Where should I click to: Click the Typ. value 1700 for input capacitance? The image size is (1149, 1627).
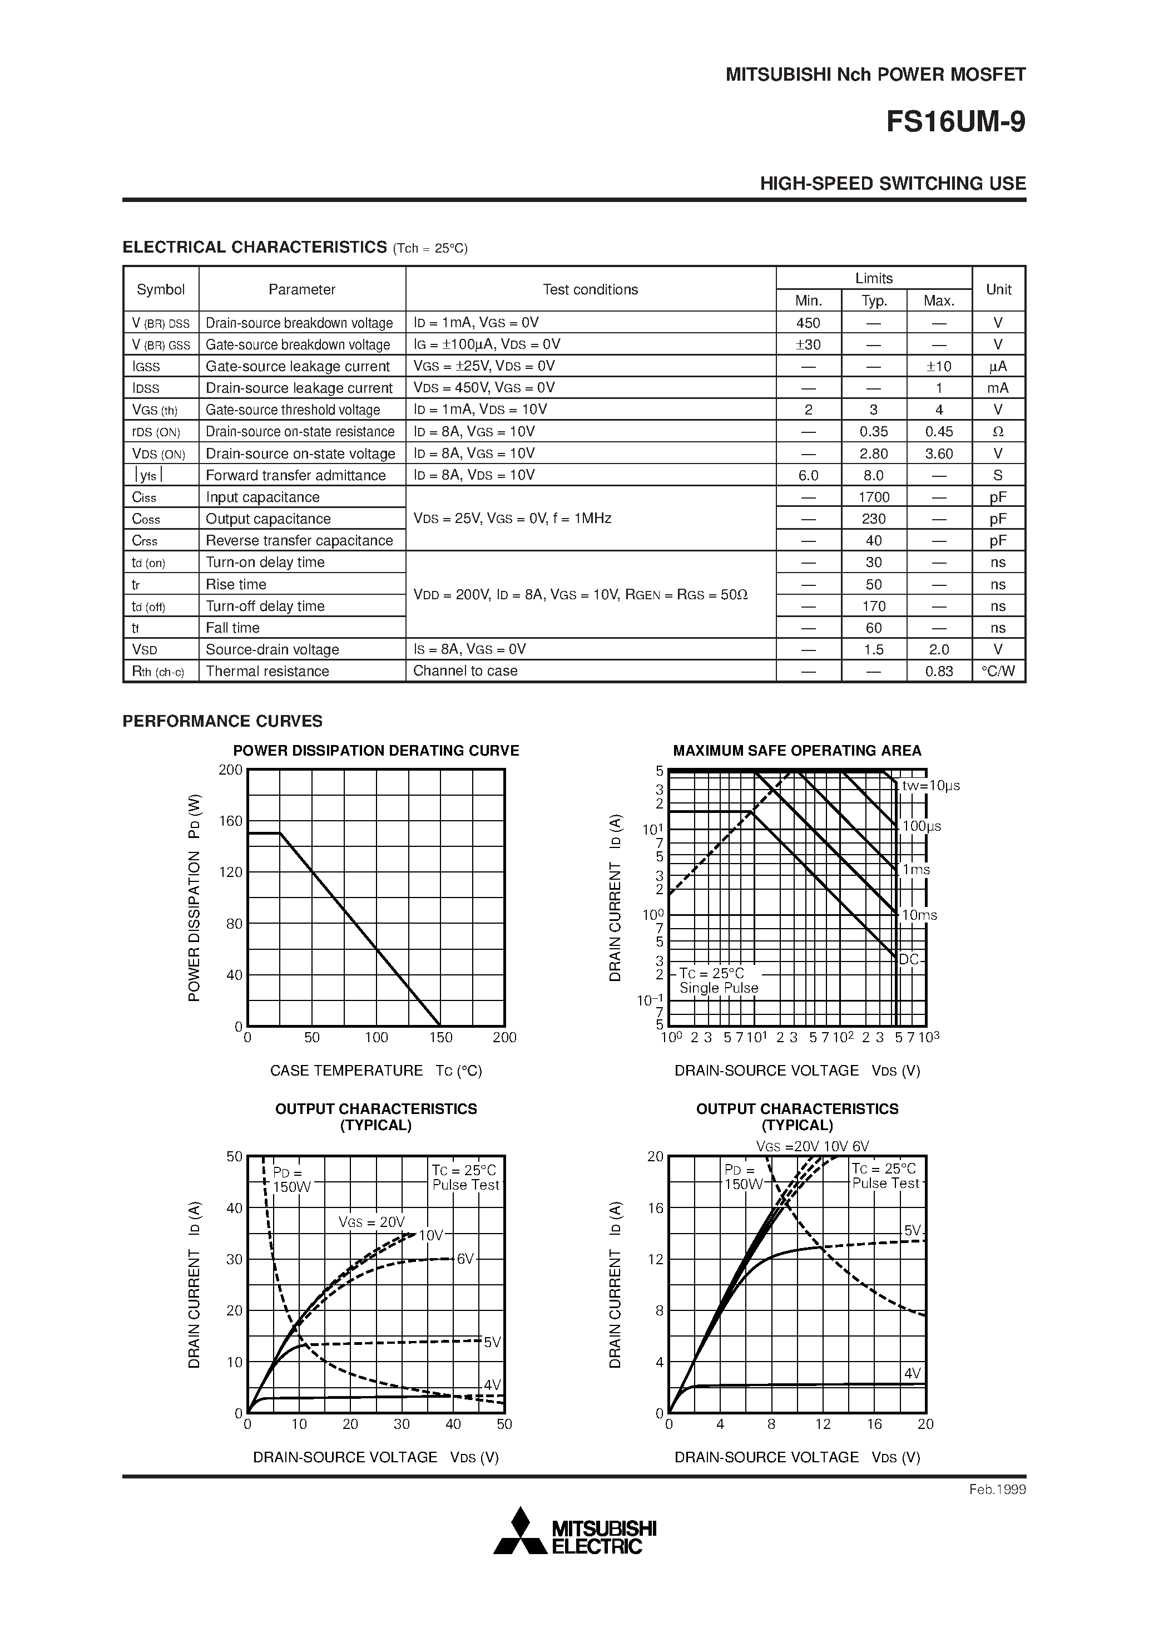click(874, 497)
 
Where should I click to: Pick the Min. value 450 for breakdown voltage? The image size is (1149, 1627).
click(808, 323)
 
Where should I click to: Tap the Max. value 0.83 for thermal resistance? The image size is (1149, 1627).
click(939, 672)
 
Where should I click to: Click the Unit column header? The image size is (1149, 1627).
click(998, 289)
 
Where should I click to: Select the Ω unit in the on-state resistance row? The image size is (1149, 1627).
click(998, 432)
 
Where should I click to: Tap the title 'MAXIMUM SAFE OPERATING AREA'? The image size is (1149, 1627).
click(797, 751)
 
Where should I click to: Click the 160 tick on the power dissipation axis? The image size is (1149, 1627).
click(231, 821)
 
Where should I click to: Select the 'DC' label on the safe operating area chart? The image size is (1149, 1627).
click(909, 959)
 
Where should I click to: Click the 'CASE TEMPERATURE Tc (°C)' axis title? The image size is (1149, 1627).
click(375, 1071)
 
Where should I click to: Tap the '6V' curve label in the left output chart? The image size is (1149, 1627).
click(465, 1259)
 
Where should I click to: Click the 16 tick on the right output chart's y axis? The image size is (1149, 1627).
click(655, 1208)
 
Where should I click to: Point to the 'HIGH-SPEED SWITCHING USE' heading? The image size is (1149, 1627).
click(893, 184)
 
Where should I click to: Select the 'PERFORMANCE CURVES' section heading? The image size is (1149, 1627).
click(222, 721)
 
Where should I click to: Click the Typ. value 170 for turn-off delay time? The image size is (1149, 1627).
click(874, 607)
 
